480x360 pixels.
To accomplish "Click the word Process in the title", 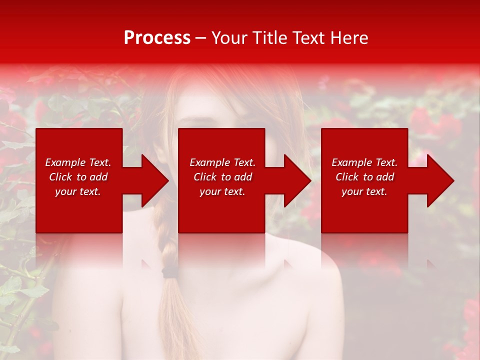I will click(x=157, y=37).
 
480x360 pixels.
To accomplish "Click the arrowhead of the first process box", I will click(x=155, y=180).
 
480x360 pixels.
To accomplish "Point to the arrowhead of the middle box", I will click(x=297, y=180).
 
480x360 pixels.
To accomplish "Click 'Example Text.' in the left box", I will click(x=78, y=162).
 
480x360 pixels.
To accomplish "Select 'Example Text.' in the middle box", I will click(x=222, y=162).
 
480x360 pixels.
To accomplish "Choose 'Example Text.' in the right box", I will click(x=364, y=162).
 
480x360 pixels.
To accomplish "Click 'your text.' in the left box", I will click(x=78, y=191).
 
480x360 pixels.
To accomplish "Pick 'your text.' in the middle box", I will click(x=222, y=191).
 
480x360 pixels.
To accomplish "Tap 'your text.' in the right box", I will click(x=364, y=191).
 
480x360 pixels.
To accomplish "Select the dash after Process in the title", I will click(x=201, y=38).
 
